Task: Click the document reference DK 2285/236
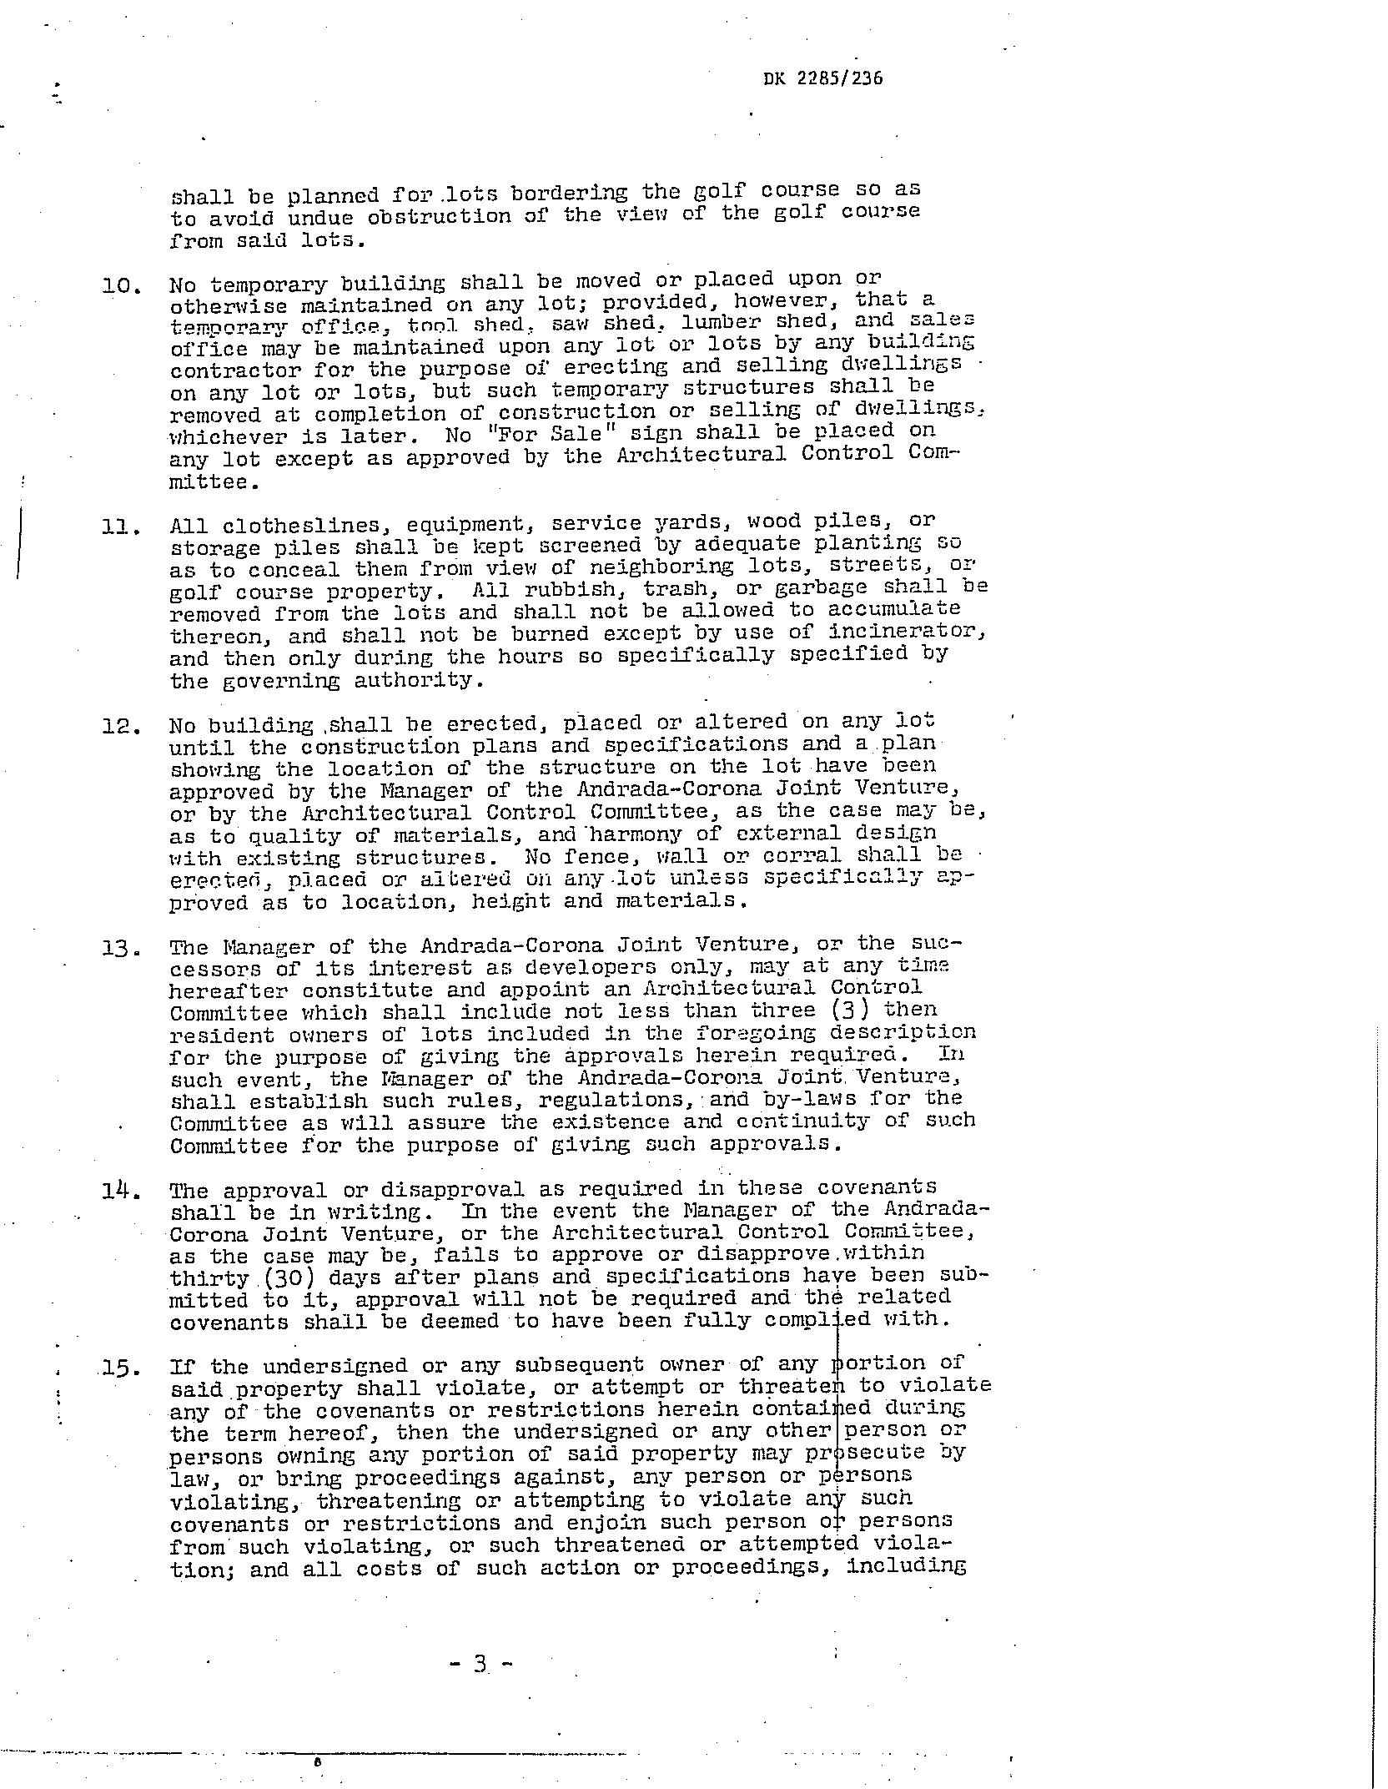tap(822, 78)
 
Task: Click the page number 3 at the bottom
tap(480, 1663)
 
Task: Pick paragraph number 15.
tap(120, 1368)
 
